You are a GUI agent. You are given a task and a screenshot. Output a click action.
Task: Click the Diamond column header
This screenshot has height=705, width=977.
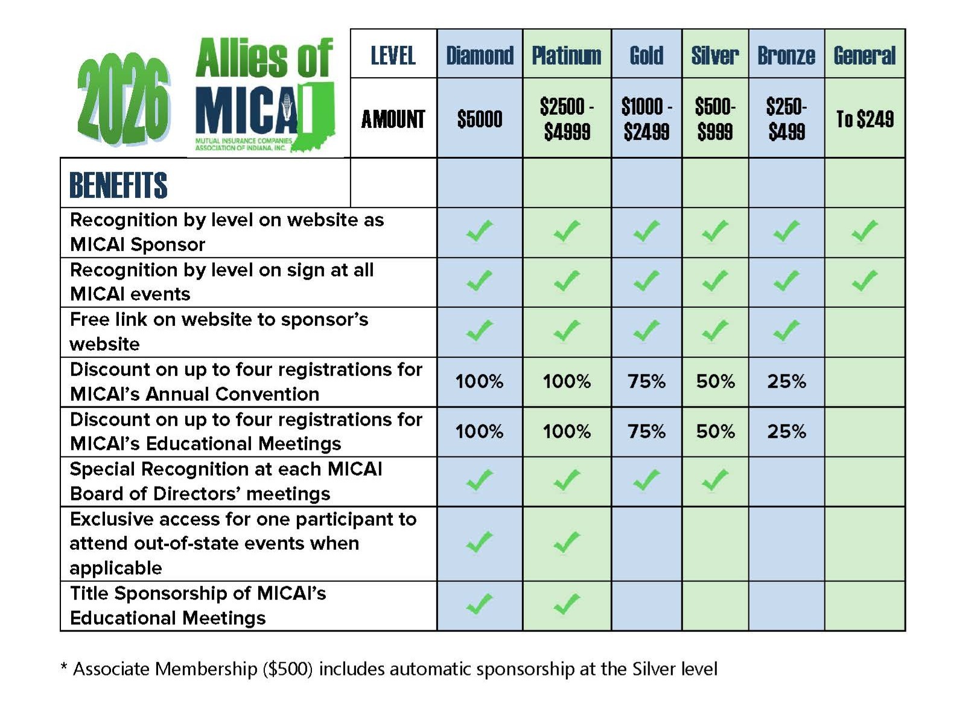(480, 56)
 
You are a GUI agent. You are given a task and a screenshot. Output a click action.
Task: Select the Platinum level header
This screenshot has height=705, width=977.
(567, 56)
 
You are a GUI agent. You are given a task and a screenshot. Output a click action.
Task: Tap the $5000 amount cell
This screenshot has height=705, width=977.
(480, 119)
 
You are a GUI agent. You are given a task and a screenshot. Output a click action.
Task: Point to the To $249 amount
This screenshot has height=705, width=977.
(865, 119)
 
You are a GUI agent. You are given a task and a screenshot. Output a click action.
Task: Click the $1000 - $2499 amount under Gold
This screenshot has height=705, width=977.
(646, 119)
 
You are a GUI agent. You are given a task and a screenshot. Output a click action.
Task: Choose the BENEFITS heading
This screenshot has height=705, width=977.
(118, 185)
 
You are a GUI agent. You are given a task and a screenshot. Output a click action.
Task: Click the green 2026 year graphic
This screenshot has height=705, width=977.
(123, 100)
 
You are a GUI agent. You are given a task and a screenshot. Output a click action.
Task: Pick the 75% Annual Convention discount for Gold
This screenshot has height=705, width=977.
(646, 381)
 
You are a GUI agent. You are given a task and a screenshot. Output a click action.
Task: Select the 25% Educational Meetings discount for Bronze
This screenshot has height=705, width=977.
(786, 432)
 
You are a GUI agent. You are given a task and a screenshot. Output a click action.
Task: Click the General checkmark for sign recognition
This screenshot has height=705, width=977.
(865, 281)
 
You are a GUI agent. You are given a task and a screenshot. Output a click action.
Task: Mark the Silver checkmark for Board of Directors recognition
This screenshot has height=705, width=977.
(715, 480)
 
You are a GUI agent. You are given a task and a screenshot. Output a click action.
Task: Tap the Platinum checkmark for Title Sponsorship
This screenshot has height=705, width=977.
(567, 604)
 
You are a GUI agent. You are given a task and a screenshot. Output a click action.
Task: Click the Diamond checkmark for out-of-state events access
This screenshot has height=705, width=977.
(480, 543)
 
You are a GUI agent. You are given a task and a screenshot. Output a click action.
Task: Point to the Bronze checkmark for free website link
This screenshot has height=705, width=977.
(786, 331)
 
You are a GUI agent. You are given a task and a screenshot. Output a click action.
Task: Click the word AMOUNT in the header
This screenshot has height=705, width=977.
(393, 119)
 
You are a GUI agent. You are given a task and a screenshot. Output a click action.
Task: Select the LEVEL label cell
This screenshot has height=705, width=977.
(393, 56)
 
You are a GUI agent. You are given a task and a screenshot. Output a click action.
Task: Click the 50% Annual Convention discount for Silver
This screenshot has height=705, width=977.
(715, 381)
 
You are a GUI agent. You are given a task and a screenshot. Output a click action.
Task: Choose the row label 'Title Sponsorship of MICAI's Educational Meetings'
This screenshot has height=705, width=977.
(198, 605)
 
